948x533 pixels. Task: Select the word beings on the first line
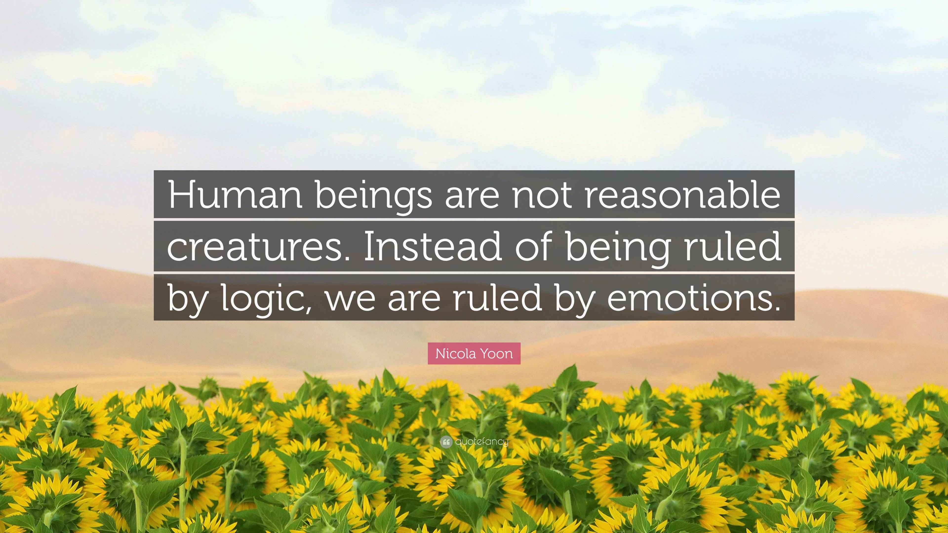373,196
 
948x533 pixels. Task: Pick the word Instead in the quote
433,247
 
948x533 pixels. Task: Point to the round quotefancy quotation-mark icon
446,442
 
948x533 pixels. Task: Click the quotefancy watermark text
482,442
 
